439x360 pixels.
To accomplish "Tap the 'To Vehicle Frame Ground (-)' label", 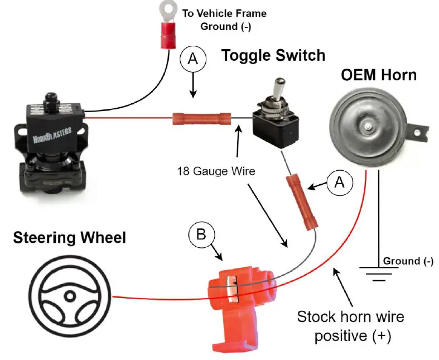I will [232, 19].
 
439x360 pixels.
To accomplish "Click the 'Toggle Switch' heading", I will [273, 55].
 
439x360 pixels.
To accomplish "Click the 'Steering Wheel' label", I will [70, 238].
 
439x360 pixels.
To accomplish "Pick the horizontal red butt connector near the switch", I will [201, 118].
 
